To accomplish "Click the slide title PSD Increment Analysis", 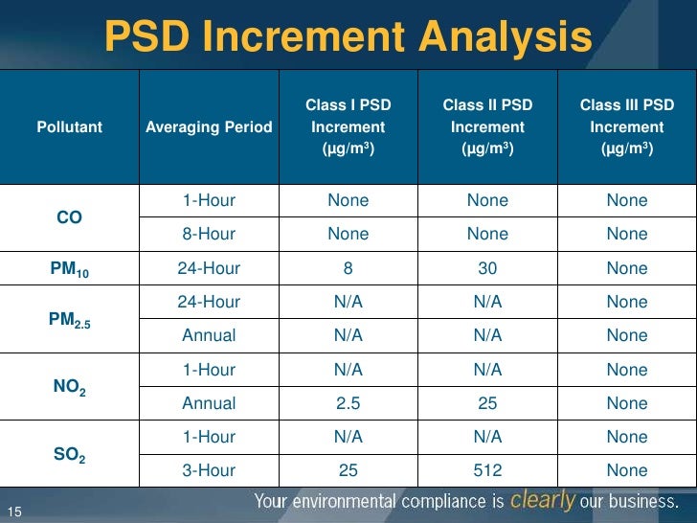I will point(348,37).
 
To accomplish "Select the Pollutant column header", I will point(70,127).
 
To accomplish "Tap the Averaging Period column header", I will point(209,127).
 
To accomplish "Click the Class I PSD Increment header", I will point(348,126).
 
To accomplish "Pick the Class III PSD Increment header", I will point(627,126).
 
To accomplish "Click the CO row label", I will point(69,217).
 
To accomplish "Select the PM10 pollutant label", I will point(69,270).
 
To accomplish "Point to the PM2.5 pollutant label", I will point(69,320).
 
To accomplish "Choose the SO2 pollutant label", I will point(69,454).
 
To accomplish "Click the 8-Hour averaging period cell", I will point(209,235).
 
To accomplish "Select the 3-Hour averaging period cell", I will point(209,470).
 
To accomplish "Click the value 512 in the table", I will point(487,470).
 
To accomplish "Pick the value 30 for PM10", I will point(487,268).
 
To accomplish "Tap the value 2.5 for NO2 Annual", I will point(348,403).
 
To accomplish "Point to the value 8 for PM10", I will point(348,268).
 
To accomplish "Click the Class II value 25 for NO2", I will point(487,403).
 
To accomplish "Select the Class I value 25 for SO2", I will point(348,470).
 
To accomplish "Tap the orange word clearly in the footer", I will point(543,500).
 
